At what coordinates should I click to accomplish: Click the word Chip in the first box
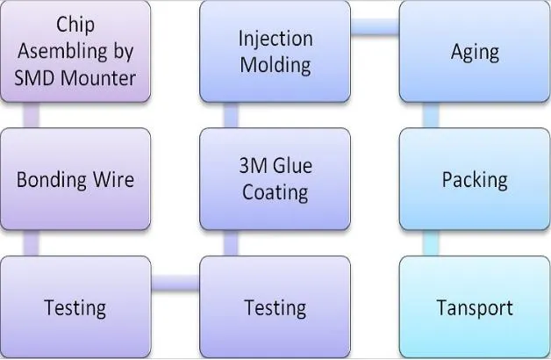click(75, 24)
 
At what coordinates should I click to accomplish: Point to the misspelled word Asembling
click(75, 51)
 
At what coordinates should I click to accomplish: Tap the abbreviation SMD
click(38, 77)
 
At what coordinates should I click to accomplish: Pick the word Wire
click(112, 180)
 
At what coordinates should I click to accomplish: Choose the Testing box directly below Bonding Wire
click(75, 307)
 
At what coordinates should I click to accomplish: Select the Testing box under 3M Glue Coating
click(275, 307)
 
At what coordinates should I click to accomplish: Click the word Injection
click(275, 39)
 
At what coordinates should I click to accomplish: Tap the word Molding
click(275, 64)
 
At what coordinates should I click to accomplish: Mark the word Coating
click(275, 192)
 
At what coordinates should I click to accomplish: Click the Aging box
click(475, 51)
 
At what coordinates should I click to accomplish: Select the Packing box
click(475, 180)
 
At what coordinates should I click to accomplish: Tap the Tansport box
click(475, 307)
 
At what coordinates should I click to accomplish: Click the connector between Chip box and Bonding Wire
click(32, 115)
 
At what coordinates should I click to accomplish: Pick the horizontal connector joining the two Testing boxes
click(175, 283)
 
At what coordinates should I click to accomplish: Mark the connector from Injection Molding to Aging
click(375, 26)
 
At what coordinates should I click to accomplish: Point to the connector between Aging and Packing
click(431, 115)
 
